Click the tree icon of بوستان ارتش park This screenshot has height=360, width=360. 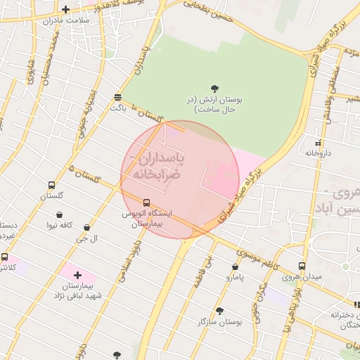click(214, 88)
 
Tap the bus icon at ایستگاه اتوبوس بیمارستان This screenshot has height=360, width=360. click(146, 202)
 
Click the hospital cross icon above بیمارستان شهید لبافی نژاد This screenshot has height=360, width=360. click(77, 275)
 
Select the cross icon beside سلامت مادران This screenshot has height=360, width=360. click(65, 10)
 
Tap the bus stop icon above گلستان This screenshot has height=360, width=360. click(51, 185)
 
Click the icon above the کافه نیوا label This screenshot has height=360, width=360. click(59, 214)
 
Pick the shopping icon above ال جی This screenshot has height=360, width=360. click(86, 228)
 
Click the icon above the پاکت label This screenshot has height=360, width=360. click(117, 97)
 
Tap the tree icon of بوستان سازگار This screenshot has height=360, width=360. click(220, 310)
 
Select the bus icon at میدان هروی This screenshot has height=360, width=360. click(302, 266)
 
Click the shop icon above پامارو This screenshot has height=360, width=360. click(235, 266)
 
